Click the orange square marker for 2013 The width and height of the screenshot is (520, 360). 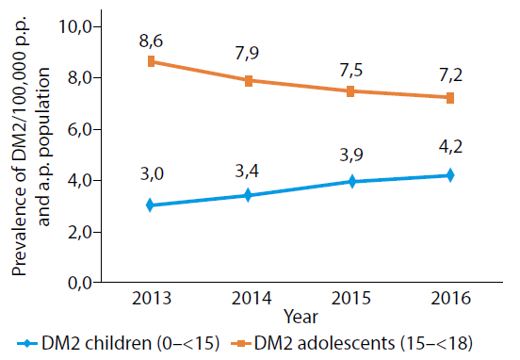tap(152, 61)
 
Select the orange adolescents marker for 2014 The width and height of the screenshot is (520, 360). tap(249, 81)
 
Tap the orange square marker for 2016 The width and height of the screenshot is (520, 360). tap(450, 98)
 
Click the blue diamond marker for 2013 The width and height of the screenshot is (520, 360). tap(150, 205)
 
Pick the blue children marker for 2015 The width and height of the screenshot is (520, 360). tap(352, 182)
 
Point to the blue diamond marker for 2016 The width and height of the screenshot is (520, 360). tap(450, 175)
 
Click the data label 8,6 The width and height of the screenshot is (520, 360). tap(152, 41)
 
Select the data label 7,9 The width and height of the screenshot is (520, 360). tap(247, 53)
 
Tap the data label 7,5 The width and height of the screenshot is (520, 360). tap(351, 71)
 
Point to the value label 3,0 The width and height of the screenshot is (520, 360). tap(152, 174)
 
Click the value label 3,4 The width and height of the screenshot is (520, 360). tap(247, 172)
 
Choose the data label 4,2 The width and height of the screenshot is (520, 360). tap(450, 146)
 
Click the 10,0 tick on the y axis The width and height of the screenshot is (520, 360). tap(75, 27)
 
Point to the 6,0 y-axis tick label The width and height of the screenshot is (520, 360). tap(79, 130)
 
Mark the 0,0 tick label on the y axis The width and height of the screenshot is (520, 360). tap(79, 284)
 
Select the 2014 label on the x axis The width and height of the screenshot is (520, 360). tap(252, 299)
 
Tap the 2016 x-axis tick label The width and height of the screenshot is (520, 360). tap(450, 299)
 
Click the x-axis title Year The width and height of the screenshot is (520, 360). tap(301, 317)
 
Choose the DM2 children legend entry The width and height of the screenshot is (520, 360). tap(118, 343)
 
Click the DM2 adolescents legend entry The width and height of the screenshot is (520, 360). tap(351, 343)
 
